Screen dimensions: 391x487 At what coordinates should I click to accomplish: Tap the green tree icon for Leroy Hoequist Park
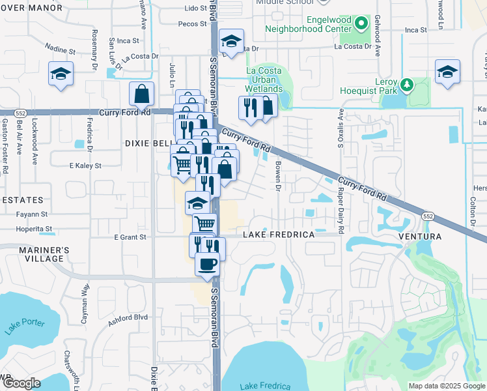pos(408,85)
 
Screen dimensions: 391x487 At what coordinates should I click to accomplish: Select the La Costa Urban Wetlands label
pos(264,80)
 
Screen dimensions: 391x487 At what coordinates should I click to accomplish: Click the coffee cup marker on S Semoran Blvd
pos(208,265)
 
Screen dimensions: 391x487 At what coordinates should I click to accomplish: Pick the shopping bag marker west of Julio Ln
pos(141,95)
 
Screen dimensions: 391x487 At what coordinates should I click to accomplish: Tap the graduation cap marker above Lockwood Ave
pos(61,74)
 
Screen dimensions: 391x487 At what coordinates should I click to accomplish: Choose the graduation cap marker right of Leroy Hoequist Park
pos(447,73)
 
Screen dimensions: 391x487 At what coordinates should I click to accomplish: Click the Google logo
pos(21,383)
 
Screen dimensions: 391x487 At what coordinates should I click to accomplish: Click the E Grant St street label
pos(130,237)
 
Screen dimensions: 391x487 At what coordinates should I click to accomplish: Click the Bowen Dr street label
pos(277,177)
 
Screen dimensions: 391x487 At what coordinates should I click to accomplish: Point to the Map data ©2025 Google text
pos(447,386)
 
